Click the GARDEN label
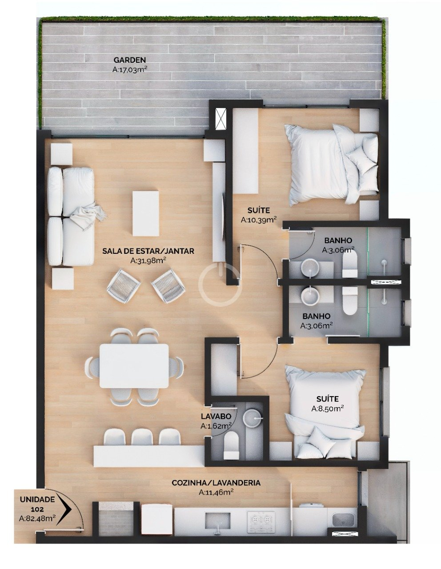[129, 60]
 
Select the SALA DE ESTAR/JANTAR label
[148, 251]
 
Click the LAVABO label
[216, 416]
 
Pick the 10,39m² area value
[259, 220]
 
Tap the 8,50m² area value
[327, 409]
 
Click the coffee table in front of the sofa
[146, 213]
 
